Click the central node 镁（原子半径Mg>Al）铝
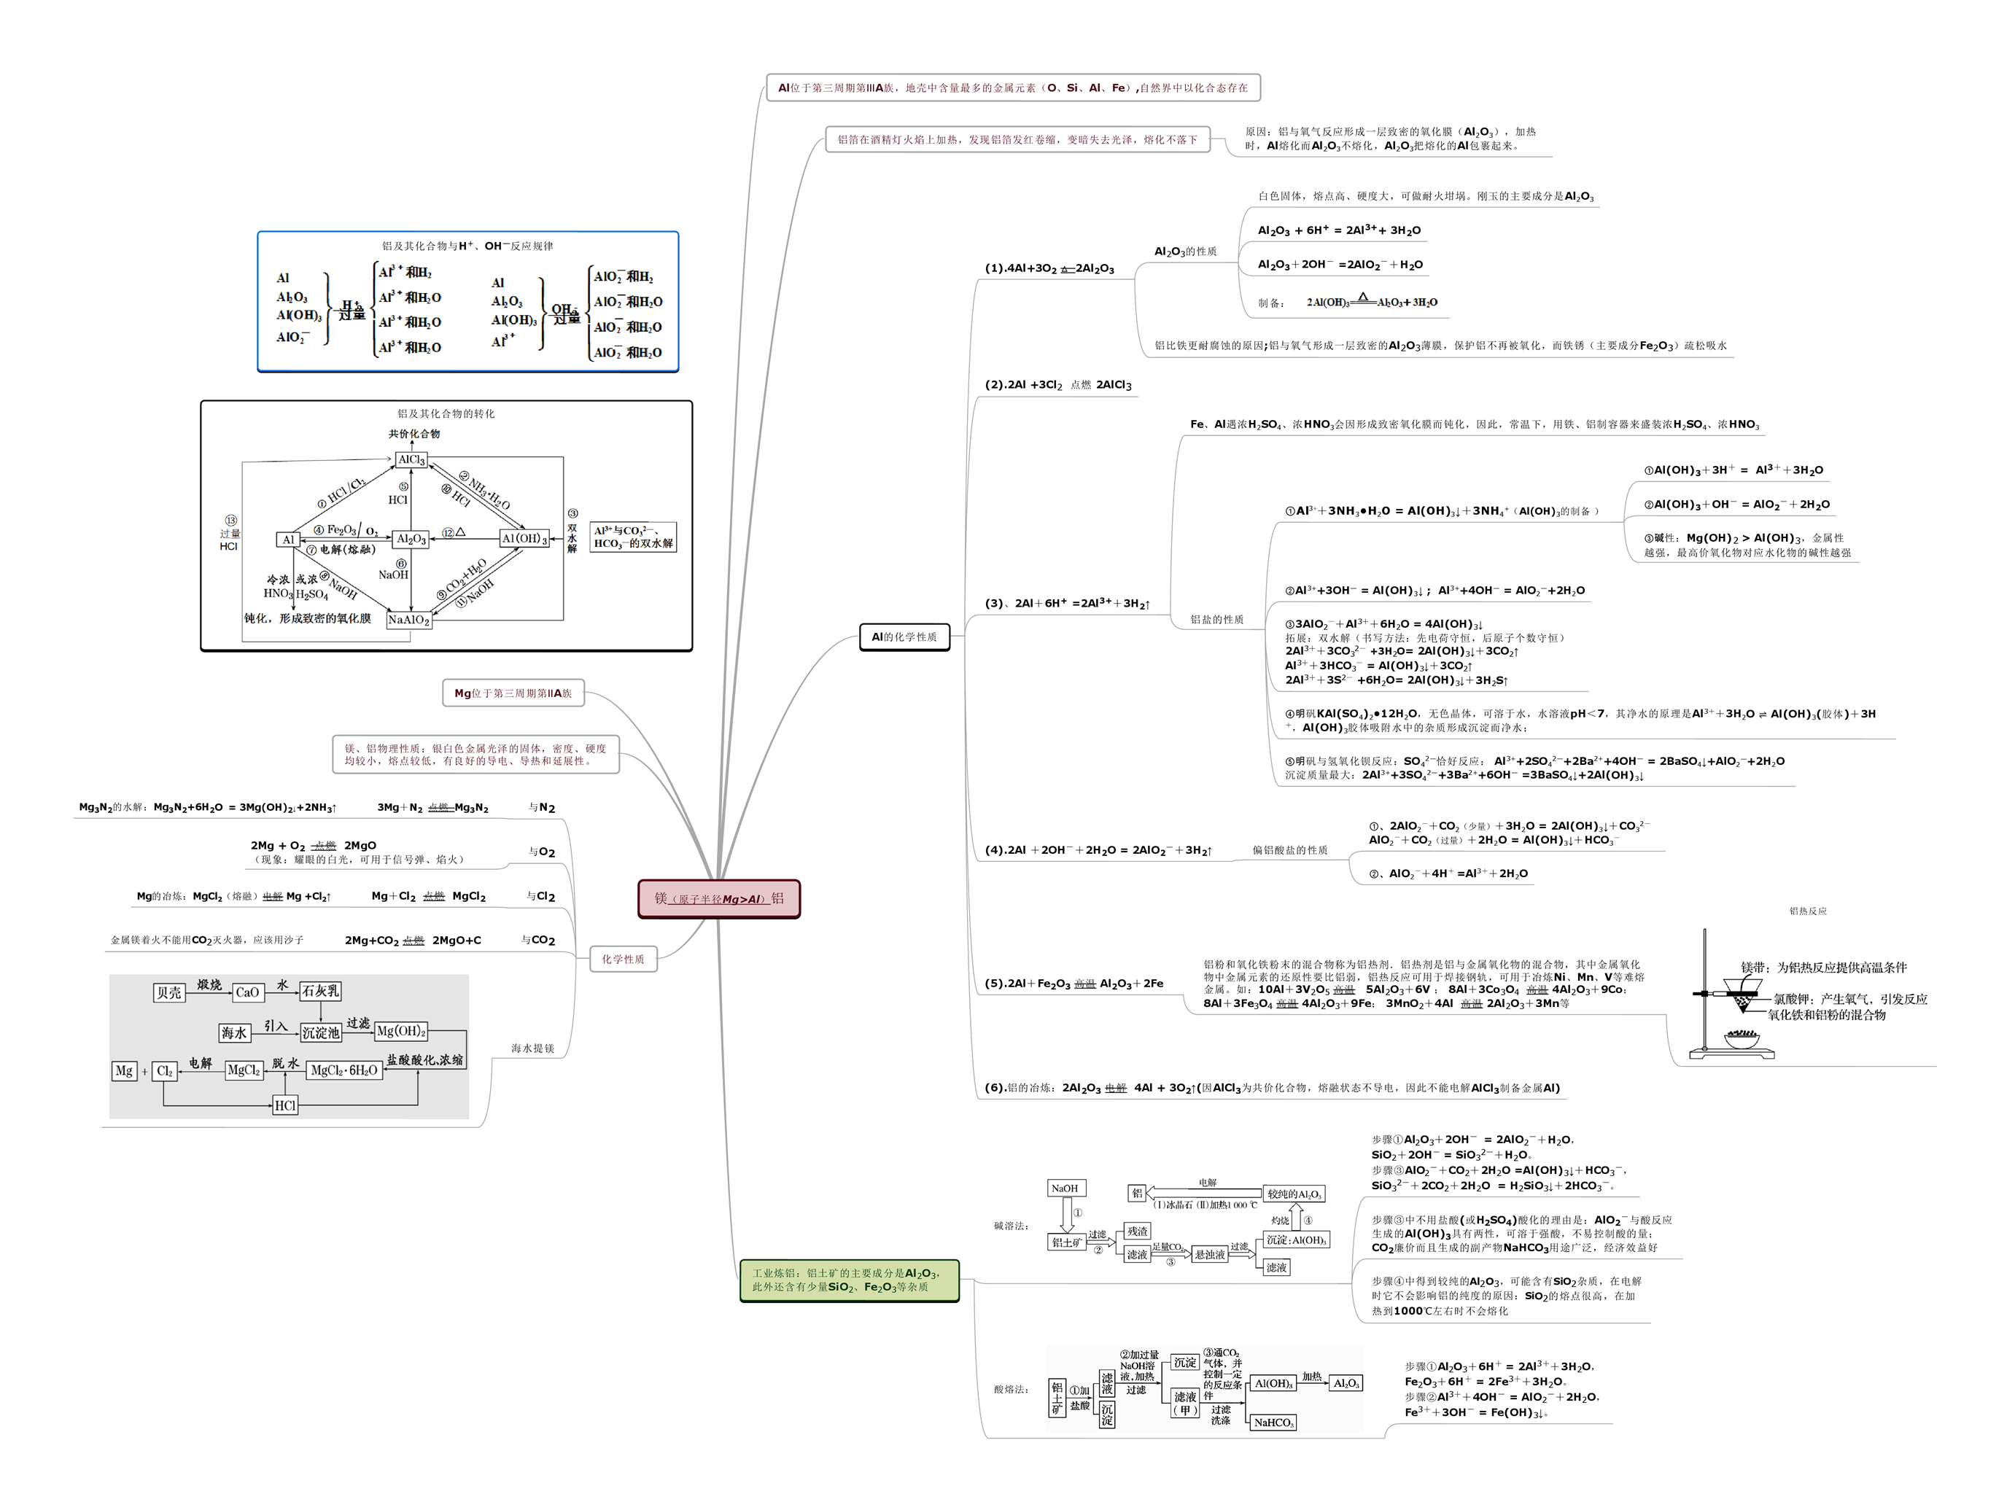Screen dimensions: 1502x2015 [x=718, y=898]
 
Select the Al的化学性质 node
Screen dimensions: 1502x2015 [x=904, y=637]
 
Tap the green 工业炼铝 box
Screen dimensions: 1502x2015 [x=850, y=1280]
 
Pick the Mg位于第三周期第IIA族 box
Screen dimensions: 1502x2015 [x=513, y=693]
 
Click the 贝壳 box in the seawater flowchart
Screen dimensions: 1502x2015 [x=169, y=992]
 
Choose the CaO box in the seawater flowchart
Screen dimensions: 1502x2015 [x=247, y=992]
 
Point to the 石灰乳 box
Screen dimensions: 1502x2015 [x=320, y=990]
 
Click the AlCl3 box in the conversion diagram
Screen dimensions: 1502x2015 [x=411, y=459]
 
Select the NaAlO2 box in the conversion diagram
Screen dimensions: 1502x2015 [x=408, y=619]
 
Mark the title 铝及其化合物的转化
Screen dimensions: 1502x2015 [x=446, y=413]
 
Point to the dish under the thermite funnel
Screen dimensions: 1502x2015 [x=1742, y=1039]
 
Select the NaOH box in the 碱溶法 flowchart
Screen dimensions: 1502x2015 [x=1065, y=1188]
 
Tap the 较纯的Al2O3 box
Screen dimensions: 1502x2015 [x=1293, y=1194]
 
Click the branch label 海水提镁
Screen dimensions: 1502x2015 [x=532, y=1048]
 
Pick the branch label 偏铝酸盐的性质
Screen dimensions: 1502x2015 [x=1289, y=850]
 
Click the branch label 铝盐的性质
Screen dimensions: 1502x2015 [x=1216, y=619]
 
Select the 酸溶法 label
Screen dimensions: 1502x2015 [x=1011, y=1389]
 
